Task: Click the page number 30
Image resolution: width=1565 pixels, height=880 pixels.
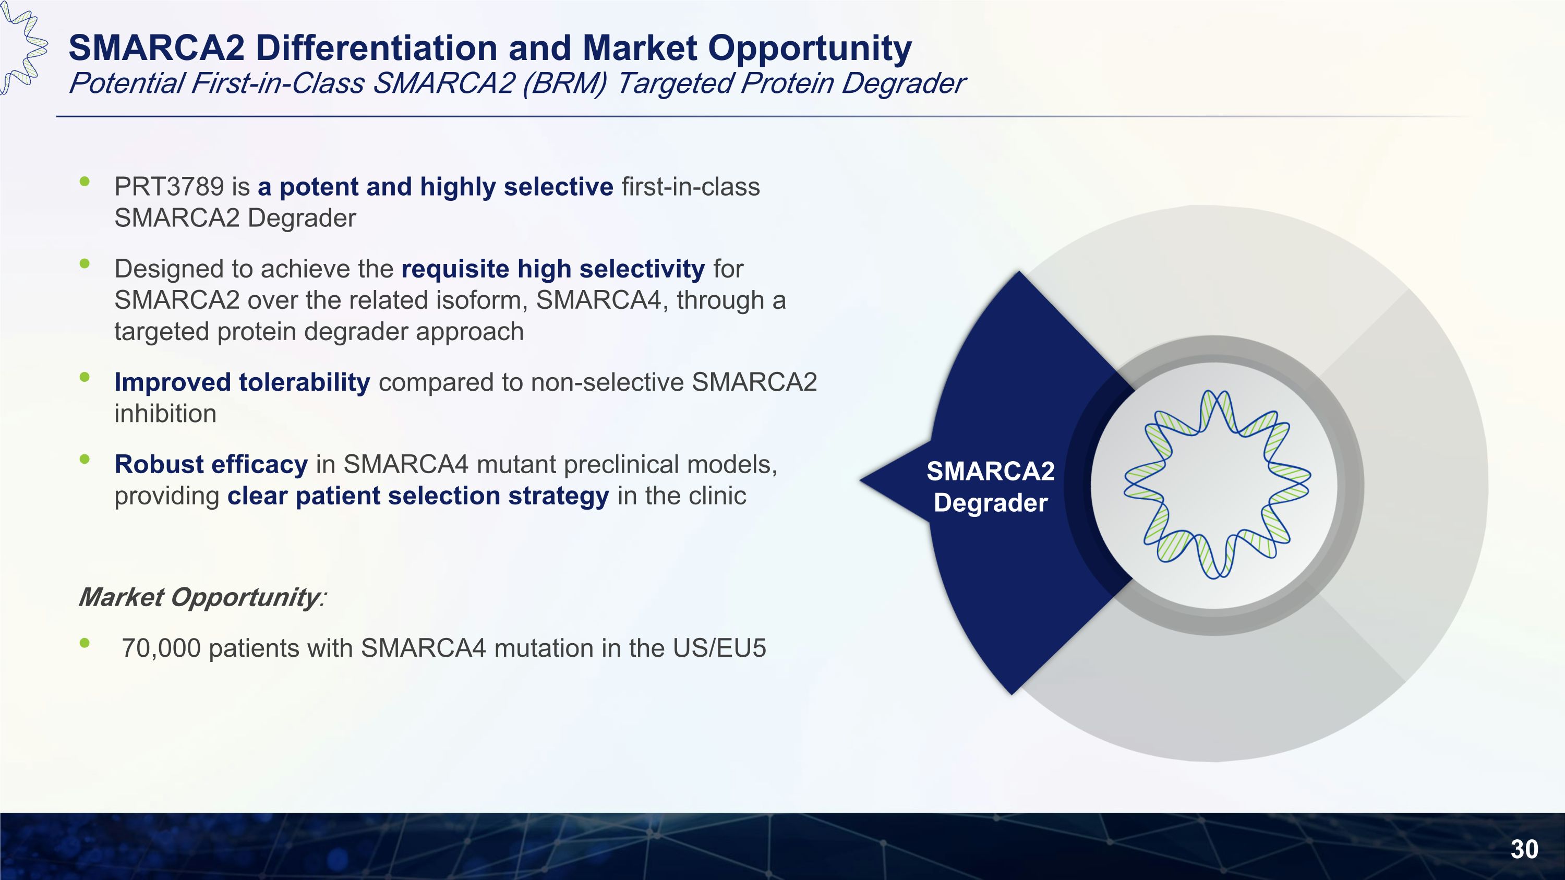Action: [x=1524, y=849]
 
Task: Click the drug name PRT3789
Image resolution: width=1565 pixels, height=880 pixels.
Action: [x=170, y=186]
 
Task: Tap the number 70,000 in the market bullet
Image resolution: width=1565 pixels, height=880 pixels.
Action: [x=161, y=648]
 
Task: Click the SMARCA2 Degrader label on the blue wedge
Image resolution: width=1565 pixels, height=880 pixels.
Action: [x=990, y=487]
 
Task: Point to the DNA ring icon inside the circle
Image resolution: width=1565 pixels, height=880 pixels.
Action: [x=1217, y=484]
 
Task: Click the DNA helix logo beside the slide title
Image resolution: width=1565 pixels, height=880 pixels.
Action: [x=23, y=47]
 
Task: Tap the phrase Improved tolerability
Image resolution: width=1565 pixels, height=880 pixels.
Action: [x=243, y=382]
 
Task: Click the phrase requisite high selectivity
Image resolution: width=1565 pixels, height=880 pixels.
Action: [x=553, y=269]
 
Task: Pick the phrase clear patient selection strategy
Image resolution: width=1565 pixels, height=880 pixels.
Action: [x=418, y=496]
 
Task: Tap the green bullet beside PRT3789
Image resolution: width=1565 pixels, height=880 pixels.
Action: [x=85, y=180]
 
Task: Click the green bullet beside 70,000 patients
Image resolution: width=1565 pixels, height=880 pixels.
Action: [x=85, y=643]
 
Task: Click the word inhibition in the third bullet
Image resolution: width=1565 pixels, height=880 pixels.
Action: [x=165, y=414]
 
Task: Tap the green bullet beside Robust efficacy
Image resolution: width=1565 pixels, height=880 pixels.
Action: [x=85, y=459]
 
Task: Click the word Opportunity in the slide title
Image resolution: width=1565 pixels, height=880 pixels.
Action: [x=810, y=49]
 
